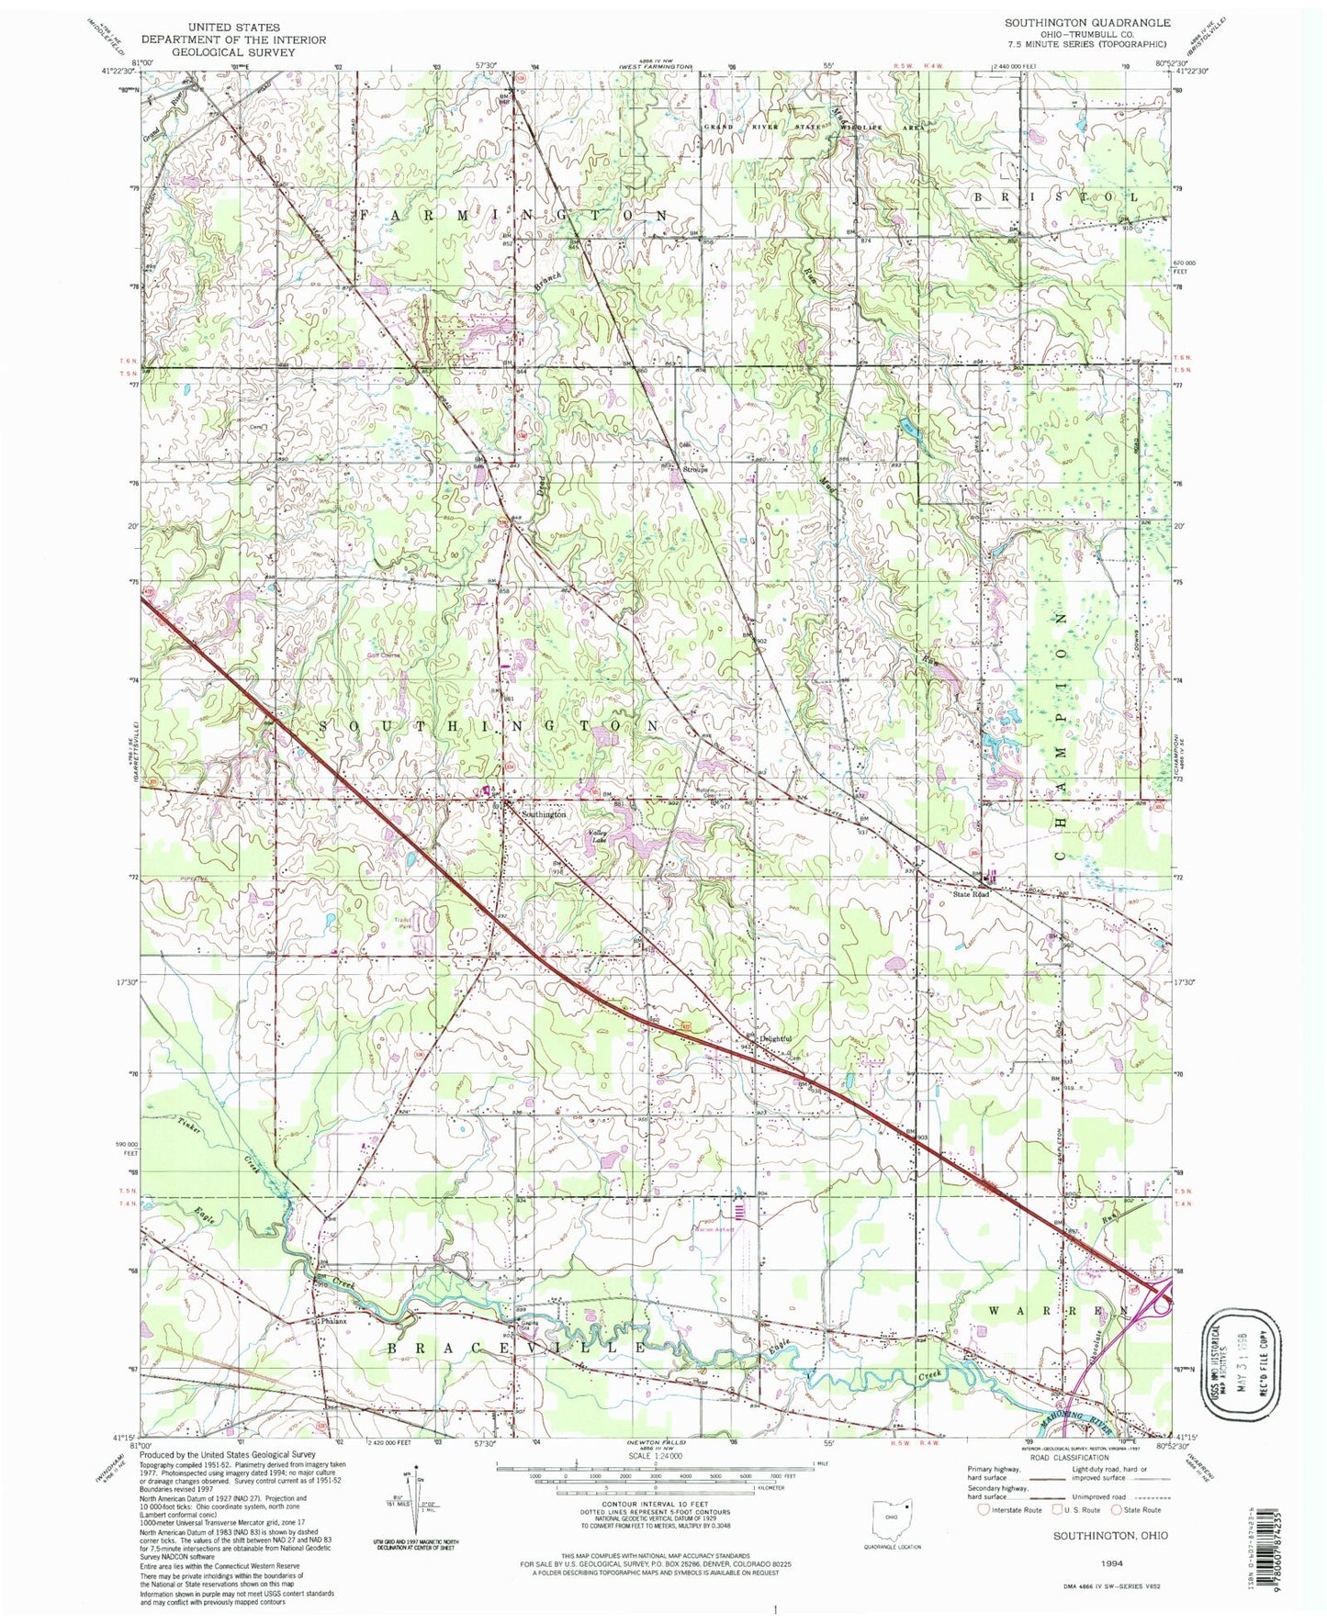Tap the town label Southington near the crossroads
(544, 814)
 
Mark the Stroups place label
(700, 468)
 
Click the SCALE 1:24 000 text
(654, 1454)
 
